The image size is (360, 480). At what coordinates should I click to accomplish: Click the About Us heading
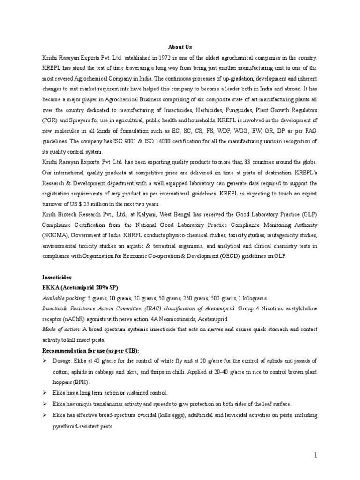pyautogui.click(x=180, y=47)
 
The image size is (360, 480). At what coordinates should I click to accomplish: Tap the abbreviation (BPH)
pyautogui.click(x=82, y=382)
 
